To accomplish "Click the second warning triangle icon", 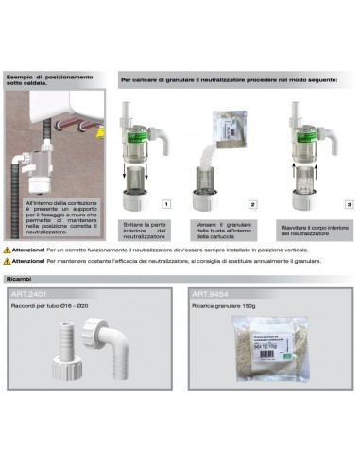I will [9, 256].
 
